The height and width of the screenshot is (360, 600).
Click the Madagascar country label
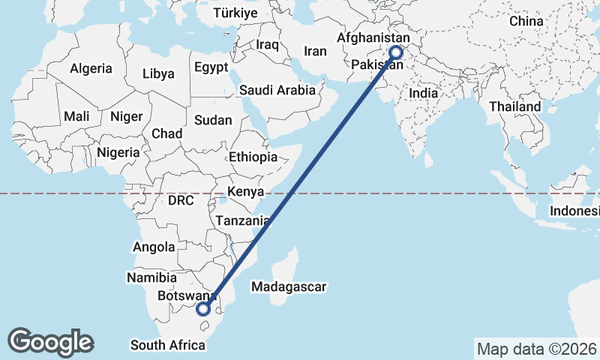point(289,286)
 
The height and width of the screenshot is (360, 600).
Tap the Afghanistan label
point(373,38)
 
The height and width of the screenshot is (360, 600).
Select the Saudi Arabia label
point(277,90)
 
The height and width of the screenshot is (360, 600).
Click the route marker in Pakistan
point(394,52)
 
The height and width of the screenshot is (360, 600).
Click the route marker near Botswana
point(202,307)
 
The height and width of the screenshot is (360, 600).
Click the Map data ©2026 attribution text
point(536,349)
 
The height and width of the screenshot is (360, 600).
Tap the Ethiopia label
point(253,157)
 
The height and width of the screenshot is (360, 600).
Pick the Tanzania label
point(242,221)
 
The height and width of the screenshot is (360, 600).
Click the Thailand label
point(515,106)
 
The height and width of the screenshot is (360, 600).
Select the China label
point(526,21)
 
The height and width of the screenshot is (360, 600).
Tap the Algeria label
point(91,68)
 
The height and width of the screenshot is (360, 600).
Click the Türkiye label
point(235,13)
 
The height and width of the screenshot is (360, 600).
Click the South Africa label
point(167,345)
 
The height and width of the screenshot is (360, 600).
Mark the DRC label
point(181,201)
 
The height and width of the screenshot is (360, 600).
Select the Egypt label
point(211,67)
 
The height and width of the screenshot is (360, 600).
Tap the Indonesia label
point(574,211)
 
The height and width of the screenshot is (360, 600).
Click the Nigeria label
point(118,152)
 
